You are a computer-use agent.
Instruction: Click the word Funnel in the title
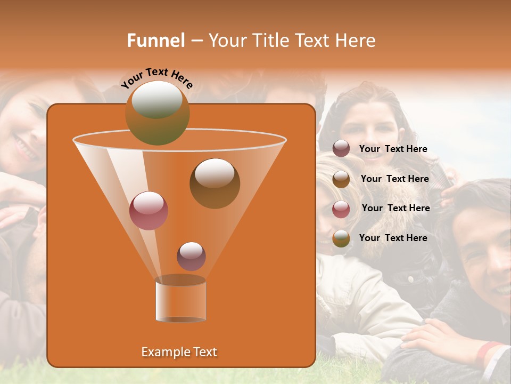click(x=156, y=41)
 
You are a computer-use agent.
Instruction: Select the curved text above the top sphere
click(x=156, y=77)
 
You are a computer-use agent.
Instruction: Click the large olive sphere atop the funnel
click(x=157, y=113)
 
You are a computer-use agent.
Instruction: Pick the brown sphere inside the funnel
click(x=215, y=183)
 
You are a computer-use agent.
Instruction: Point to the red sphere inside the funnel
click(x=149, y=211)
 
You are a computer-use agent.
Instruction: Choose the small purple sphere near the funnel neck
click(x=191, y=256)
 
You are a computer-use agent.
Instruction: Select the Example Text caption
click(x=179, y=352)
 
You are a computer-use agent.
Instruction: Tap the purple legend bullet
click(x=341, y=149)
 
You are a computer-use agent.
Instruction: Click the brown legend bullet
click(x=341, y=179)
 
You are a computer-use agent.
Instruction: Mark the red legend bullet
click(x=341, y=209)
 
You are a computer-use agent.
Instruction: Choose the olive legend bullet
click(x=341, y=238)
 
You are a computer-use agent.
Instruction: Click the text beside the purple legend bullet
click(x=393, y=149)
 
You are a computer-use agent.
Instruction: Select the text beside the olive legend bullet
click(x=393, y=238)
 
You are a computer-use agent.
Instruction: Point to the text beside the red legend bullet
click(x=395, y=208)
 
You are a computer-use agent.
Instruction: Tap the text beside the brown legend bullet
click(x=394, y=179)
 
